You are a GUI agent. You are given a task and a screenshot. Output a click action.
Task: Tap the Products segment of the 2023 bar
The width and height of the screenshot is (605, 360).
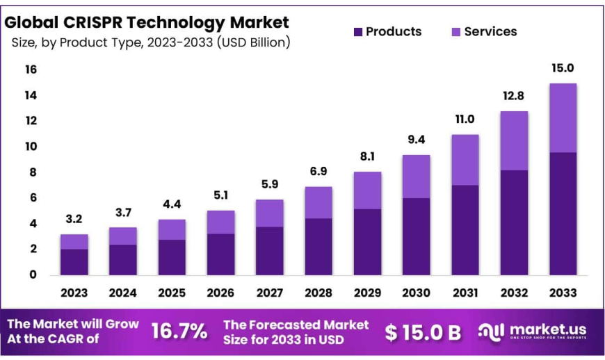pyautogui.click(x=74, y=261)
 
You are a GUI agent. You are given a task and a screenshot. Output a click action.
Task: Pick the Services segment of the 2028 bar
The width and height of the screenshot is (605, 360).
pyautogui.click(x=318, y=202)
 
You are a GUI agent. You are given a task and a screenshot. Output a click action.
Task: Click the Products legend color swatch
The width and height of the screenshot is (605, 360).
pyautogui.click(x=358, y=32)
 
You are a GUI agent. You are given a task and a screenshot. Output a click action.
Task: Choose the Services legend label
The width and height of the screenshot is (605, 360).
pyautogui.click(x=490, y=31)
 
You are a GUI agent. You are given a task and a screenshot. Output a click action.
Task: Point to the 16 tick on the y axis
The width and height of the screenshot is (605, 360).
pyautogui.click(x=31, y=69)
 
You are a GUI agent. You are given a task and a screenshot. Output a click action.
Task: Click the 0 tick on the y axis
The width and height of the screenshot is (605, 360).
pyautogui.click(x=31, y=275)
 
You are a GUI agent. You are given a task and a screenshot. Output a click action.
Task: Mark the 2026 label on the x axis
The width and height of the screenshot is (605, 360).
pyautogui.click(x=220, y=293)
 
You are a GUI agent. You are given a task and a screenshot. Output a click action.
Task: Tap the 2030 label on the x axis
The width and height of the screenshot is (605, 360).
pyautogui.click(x=416, y=293)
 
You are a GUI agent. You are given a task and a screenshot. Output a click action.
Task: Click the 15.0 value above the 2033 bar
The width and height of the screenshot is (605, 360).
pyautogui.click(x=562, y=69)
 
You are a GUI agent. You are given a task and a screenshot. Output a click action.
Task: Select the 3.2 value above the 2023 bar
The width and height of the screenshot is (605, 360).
pyautogui.click(x=74, y=219)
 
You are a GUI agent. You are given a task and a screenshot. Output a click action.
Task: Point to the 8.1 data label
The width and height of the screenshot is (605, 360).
pyautogui.click(x=367, y=156)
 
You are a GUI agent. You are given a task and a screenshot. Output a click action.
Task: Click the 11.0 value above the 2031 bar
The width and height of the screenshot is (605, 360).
pyautogui.click(x=465, y=119)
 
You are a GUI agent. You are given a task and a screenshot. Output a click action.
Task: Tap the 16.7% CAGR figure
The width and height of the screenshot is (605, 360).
pyautogui.click(x=179, y=332)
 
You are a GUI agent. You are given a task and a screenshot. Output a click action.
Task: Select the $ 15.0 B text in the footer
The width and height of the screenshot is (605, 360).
pyautogui.click(x=423, y=332)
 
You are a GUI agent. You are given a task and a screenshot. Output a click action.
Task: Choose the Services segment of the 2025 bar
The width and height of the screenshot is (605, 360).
pyautogui.click(x=172, y=229)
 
